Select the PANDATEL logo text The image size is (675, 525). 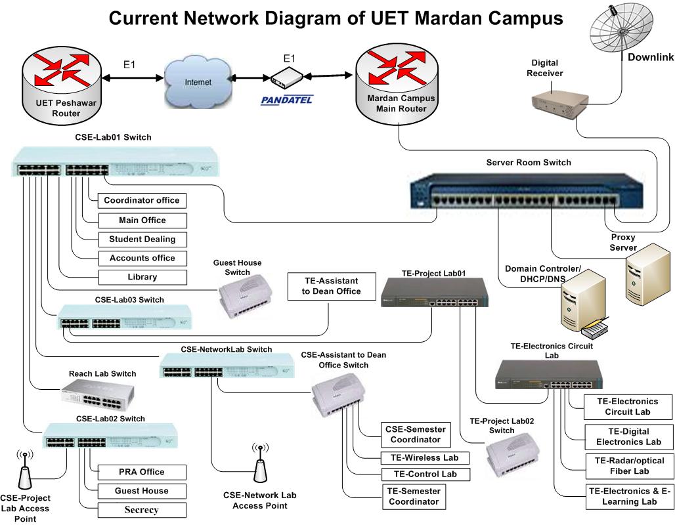pos(287,100)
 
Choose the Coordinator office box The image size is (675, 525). pos(142,200)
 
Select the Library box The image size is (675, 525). pos(142,277)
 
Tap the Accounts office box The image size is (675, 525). pos(142,258)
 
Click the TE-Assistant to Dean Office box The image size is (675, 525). pos(331,286)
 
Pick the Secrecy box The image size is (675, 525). pos(142,510)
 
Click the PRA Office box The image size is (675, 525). pos(142,472)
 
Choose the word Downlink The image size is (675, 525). pos(650,57)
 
